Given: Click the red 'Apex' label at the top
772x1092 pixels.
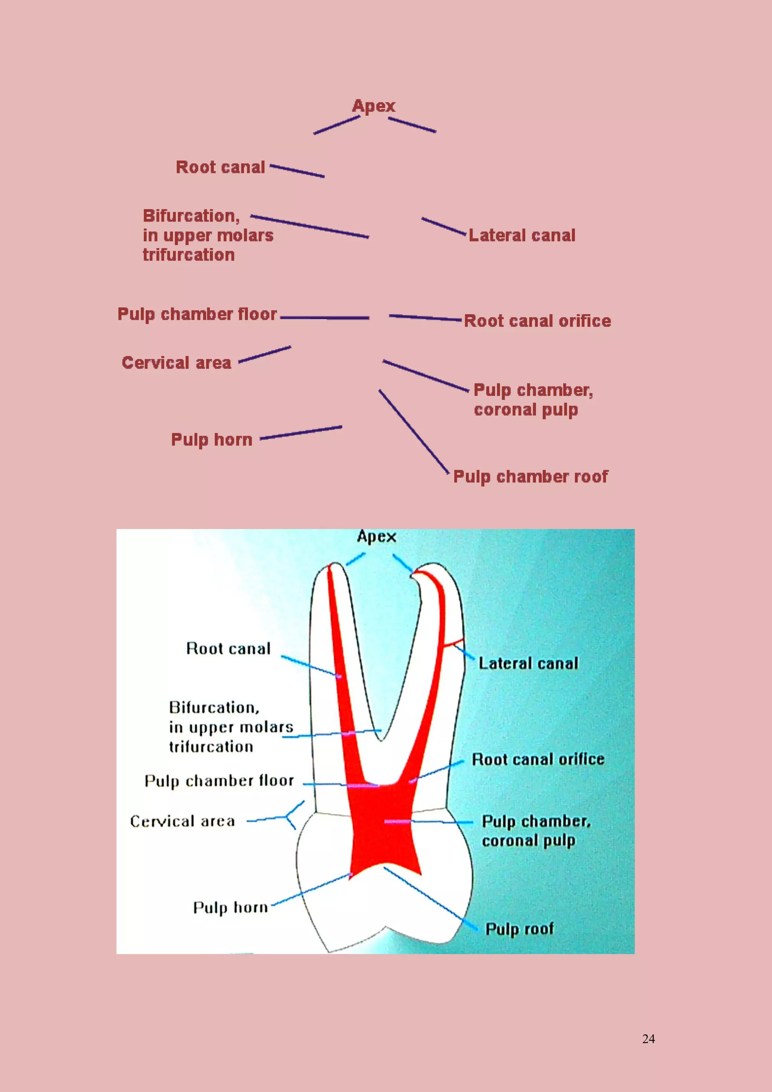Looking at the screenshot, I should [x=374, y=106].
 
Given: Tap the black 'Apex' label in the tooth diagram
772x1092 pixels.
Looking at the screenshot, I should [x=377, y=537].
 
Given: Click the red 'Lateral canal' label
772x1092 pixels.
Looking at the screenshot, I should [x=522, y=235].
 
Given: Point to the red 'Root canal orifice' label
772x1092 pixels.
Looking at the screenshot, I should [x=537, y=321].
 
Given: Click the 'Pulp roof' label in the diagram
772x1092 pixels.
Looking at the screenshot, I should [x=519, y=929].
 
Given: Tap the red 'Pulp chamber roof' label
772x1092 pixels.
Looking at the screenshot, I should [x=530, y=477].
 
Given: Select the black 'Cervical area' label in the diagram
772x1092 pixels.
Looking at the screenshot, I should [x=182, y=821].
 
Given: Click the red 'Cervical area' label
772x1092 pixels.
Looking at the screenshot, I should [x=176, y=363].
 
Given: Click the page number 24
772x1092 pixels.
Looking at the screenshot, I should [x=648, y=1039].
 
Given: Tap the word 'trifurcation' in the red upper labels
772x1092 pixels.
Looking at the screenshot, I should [x=189, y=255].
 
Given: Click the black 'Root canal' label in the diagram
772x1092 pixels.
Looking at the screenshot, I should [x=228, y=649].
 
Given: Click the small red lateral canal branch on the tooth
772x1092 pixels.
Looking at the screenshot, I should [x=453, y=643].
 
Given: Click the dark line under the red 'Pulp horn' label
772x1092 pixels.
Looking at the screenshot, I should [x=301, y=433].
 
